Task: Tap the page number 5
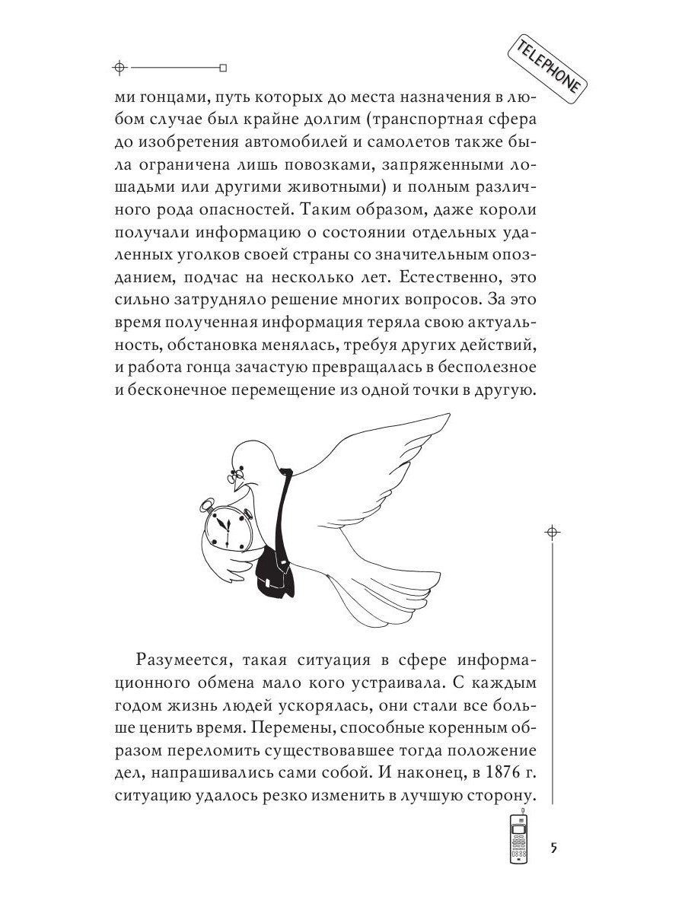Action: click(554, 848)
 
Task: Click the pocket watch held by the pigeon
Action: click(228, 528)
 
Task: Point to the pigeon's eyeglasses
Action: click(234, 478)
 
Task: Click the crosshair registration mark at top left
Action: click(117, 66)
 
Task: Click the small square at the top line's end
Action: click(223, 66)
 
